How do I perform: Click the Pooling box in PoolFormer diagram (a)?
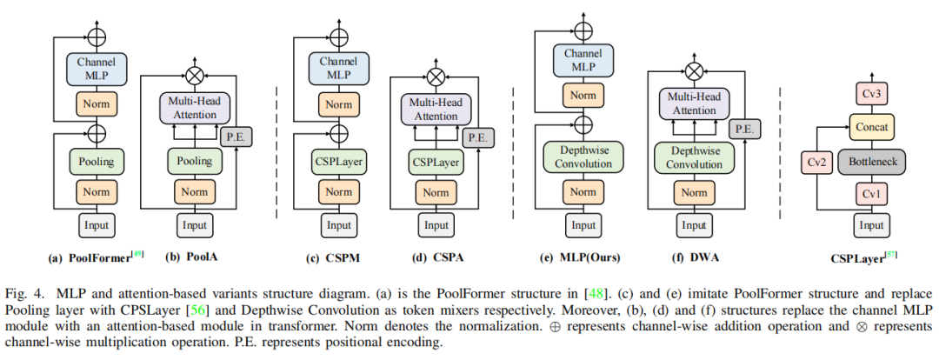pos(97,161)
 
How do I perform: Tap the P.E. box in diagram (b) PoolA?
pos(236,137)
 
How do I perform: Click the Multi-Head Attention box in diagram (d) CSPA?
pos(433,110)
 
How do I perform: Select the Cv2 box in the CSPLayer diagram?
pos(817,161)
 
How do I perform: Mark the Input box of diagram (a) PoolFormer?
pos(97,225)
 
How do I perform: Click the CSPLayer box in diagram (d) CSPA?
pos(433,161)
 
